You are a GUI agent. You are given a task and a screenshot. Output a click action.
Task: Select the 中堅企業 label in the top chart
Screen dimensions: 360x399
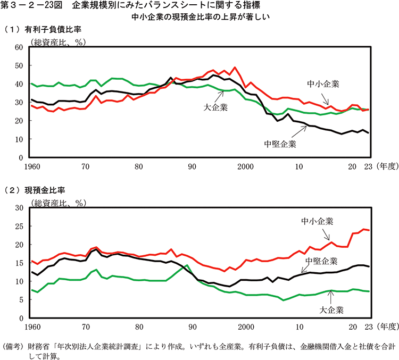[280, 144]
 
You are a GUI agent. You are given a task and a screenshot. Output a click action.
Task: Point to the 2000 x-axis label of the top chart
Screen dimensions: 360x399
[246, 166]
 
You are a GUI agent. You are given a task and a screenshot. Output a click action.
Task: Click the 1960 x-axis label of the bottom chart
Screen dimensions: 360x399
[32, 326]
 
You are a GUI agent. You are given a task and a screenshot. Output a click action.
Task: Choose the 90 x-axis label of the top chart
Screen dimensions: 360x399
[192, 166]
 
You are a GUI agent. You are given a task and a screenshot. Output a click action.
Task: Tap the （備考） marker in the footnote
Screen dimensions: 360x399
[13, 345]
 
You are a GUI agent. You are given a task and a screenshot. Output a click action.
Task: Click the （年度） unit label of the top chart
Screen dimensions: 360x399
[385, 166]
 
